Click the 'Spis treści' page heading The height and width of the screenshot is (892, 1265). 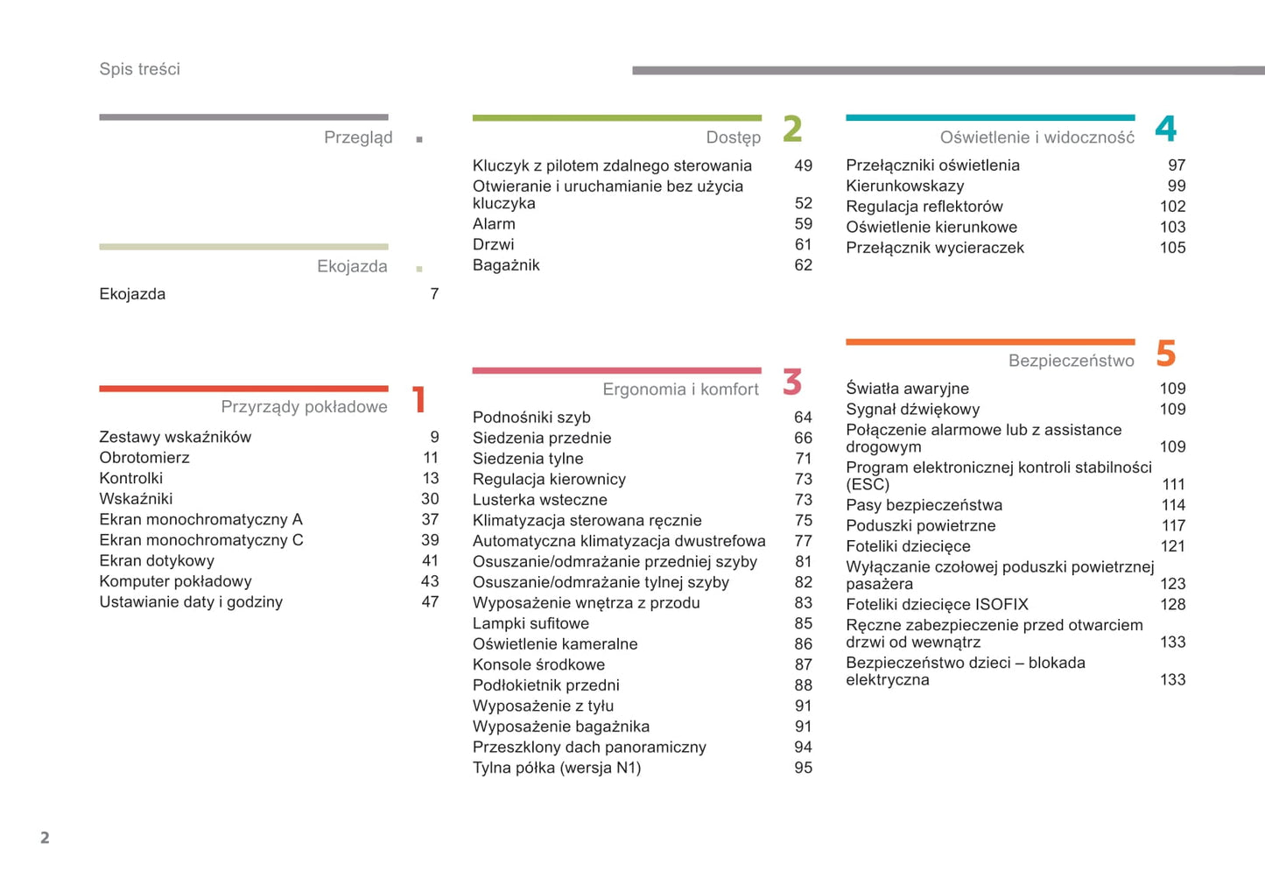tap(139, 69)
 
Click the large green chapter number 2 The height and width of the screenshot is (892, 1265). tap(792, 129)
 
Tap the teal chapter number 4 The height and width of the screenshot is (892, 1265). tap(1165, 129)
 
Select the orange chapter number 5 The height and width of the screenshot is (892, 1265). tap(1165, 354)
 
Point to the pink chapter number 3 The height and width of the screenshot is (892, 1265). tap(792, 382)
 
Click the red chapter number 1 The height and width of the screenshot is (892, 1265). tap(419, 400)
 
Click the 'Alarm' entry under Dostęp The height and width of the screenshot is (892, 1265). tap(494, 224)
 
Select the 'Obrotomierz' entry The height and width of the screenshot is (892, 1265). tap(144, 458)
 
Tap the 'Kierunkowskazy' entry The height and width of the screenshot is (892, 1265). tap(904, 186)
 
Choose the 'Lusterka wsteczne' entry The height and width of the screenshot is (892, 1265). tap(539, 500)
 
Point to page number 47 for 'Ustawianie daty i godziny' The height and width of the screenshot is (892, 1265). tap(430, 602)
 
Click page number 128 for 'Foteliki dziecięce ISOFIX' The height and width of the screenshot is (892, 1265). tap(1172, 605)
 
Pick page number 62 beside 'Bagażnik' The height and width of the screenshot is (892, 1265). tap(803, 265)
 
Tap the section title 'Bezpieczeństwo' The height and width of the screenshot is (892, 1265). tap(1071, 361)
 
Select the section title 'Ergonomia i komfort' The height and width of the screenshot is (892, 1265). tap(680, 390)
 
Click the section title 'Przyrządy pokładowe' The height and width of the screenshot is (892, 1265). tap(304, 407)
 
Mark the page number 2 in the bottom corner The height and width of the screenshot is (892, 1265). tap(45, 838)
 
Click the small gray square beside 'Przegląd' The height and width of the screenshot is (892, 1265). tap(419, 139)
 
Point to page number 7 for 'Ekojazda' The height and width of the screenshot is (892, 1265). tap(434, 294)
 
